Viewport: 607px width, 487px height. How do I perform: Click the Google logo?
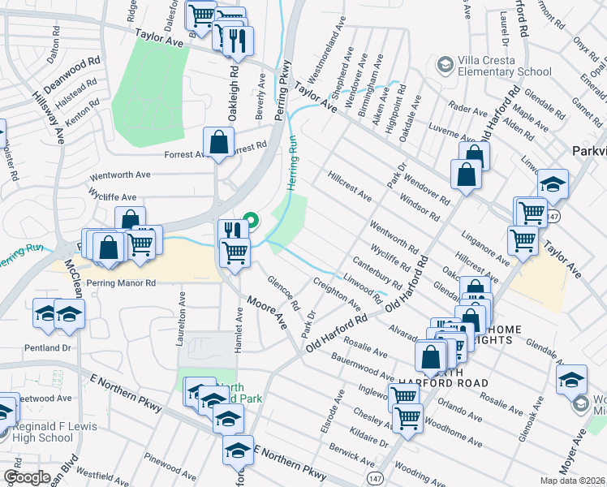tap(27, 477)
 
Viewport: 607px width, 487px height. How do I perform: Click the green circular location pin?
tap(252, 219)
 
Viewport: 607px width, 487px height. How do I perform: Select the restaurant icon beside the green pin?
tap(234, 231)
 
